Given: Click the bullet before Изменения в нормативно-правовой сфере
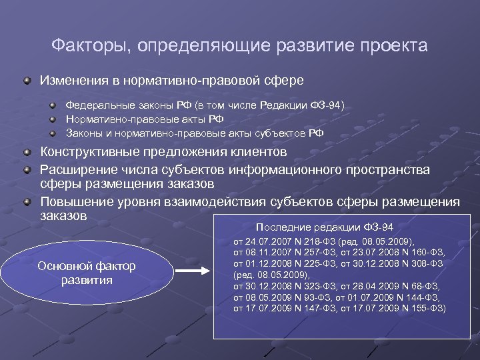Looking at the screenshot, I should [26, 81].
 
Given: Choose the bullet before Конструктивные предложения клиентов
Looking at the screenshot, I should [26, 152].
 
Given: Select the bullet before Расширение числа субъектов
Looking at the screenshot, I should [26, 169].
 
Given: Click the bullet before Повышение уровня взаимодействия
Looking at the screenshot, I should [26, 201].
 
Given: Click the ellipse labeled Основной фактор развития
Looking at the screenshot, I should [87, 273].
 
